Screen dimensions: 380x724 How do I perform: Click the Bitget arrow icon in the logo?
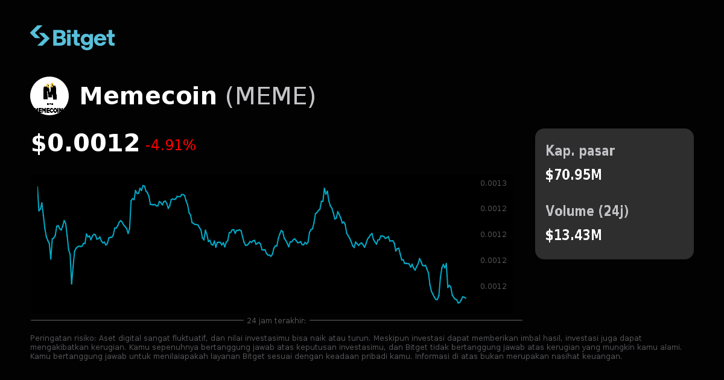click(40, 36)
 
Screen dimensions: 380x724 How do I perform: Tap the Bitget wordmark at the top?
click(83, 38)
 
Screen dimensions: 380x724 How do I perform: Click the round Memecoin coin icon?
click(49, 96)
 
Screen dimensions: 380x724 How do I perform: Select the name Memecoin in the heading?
click(148, 97)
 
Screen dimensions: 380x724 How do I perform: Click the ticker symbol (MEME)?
click(270, 97)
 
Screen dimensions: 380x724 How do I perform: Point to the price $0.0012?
click(85, 144)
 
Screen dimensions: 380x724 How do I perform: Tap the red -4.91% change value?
click(171, 145)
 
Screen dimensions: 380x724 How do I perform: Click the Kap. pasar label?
click(580, 151)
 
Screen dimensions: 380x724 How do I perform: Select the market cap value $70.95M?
click(573, 175)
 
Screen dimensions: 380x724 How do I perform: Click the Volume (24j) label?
click(587, 211)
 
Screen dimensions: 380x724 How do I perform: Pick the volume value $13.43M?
click(573, 235)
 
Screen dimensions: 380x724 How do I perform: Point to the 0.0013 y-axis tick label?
click(493, 183)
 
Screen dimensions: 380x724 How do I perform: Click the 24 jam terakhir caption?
click(276, 320)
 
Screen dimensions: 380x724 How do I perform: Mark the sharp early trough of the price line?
click(72, 283)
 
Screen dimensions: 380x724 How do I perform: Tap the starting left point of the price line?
click(38, 187)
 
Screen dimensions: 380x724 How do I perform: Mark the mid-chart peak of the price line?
click(325, 188)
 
